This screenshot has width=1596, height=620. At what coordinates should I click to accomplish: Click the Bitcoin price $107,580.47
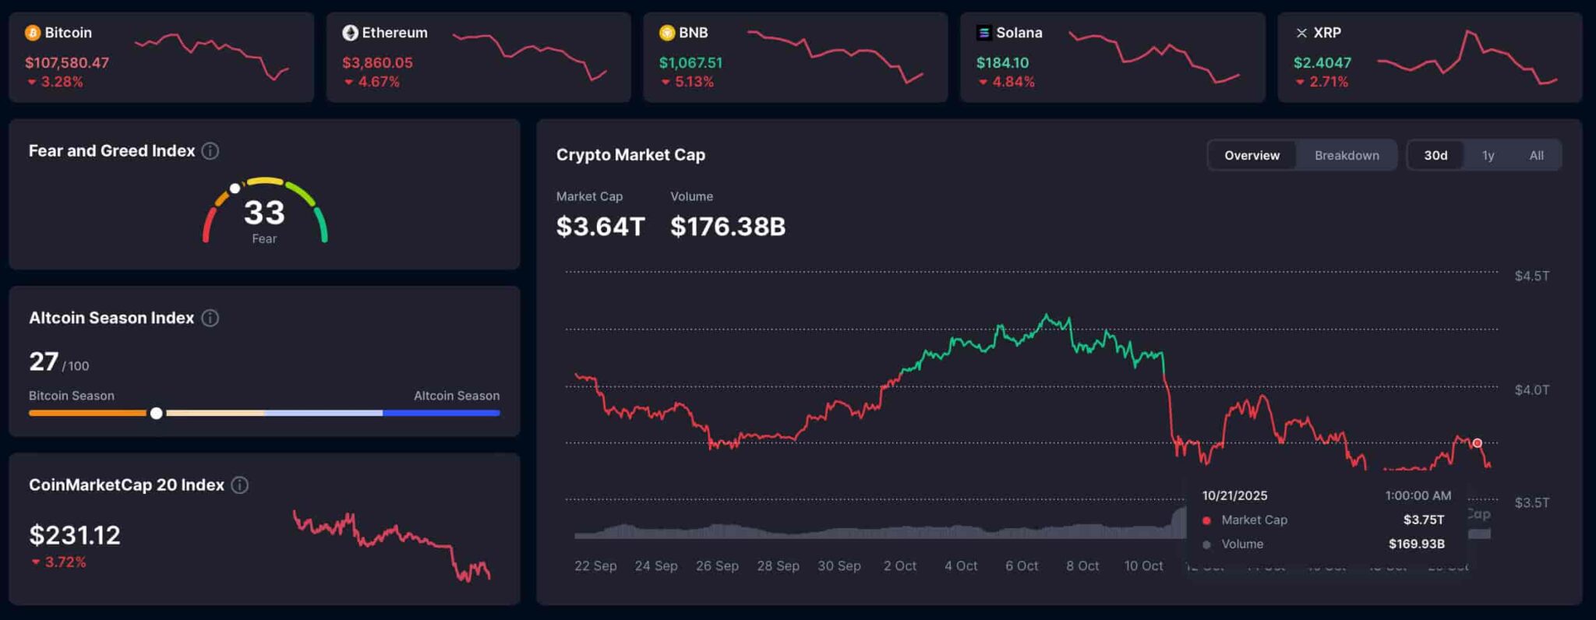[67, 63]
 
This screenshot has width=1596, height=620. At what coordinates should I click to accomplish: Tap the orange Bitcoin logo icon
[33, 33]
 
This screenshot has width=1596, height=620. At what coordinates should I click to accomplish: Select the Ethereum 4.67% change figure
[378, 82]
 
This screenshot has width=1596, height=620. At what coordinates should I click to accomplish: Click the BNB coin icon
[667, 33]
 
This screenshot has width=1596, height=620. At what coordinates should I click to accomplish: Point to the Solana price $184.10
[1002, 63]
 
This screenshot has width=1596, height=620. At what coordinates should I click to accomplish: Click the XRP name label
[1327, 33]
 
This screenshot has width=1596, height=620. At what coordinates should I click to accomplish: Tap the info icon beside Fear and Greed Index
[210, 151]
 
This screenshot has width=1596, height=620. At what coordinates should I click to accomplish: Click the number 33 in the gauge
[264, 213]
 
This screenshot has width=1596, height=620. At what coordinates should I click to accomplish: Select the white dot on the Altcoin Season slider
[157, 413]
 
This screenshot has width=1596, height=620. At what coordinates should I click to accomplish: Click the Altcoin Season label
[457, 396]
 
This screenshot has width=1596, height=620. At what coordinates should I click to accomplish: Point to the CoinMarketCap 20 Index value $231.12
[75, 535]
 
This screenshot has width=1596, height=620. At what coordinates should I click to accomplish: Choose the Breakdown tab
[1347, 155]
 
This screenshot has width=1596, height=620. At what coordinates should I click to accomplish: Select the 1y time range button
[1488, 155]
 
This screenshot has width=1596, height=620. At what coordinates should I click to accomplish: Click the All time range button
[1536, 155]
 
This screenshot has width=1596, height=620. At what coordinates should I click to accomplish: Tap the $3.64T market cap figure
[600, 227]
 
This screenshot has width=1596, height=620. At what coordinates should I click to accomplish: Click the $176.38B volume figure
[728, 227]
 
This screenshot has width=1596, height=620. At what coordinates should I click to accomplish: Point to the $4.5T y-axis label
[1531, 276]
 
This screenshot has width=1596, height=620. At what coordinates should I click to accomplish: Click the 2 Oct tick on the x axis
[900, 565]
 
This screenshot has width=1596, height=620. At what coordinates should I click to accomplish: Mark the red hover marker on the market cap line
[1477, 443]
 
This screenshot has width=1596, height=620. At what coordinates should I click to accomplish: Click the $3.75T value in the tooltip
[1424, 520]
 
